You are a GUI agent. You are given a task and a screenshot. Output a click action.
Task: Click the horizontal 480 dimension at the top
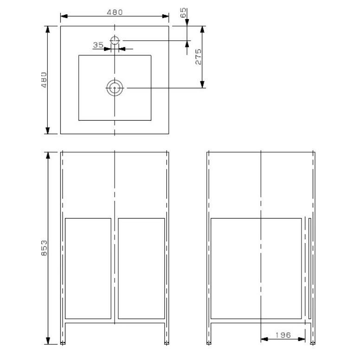coord(114,13)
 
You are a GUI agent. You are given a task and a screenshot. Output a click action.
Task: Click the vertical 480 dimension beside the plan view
coord(44,80)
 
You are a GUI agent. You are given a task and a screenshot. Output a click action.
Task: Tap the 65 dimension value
coord(183,13)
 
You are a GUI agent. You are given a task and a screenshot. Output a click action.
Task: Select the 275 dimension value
coord(199,56)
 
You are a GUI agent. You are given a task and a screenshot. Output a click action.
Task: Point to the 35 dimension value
coord(98,45)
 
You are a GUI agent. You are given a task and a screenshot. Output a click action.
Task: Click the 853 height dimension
coord(44,248)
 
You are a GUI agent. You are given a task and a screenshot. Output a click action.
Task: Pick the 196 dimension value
coord(283,335)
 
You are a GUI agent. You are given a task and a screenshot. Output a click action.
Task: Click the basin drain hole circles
coord(115,88)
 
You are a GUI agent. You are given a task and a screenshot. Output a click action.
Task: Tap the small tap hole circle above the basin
coord(115,40)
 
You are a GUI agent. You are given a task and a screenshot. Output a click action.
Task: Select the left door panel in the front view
coord(88,268)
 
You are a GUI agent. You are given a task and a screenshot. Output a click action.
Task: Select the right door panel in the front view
coord(141,268)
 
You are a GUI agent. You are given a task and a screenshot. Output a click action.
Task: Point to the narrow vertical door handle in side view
coord(309,268)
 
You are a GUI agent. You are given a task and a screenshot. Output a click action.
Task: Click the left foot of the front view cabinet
coord(63,342)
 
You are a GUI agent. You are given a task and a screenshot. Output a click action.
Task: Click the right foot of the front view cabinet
coord(167,342)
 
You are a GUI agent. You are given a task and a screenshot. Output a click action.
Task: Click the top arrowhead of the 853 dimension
coord(47,155)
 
